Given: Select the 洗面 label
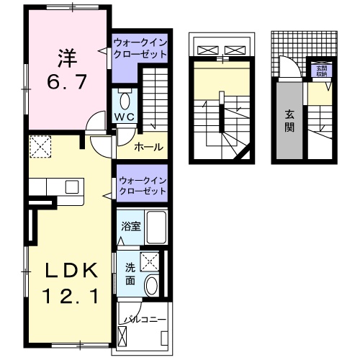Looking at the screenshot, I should (130, 273).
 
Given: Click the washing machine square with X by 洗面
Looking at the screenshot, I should (150, 261).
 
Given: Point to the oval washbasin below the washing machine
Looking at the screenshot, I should (151, 285).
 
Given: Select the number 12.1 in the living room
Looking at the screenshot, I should (69, 295).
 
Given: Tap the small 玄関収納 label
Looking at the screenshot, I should (320, 71).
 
